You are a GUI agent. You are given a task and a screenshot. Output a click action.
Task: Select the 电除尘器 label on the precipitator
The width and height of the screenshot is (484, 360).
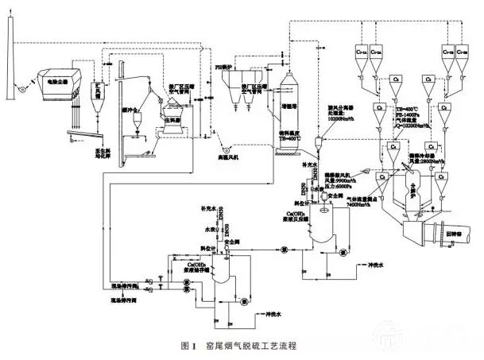click(53, 80)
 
